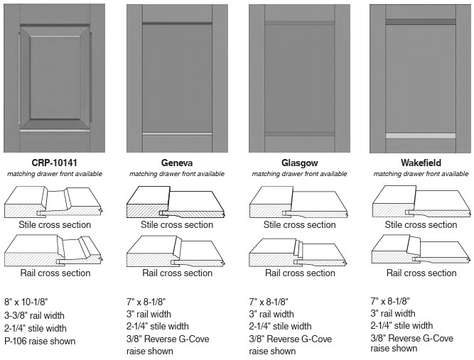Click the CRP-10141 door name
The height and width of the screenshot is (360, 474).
[x=55, y=163]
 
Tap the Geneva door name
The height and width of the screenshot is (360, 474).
[x=177, y=163]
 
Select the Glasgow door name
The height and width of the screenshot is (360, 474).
[x=300, y=163]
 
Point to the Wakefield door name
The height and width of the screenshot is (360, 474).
[x=421, y=163]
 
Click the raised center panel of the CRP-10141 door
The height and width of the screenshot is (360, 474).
[x=55, y=77]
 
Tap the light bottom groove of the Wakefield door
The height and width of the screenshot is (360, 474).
[x=421, y=136]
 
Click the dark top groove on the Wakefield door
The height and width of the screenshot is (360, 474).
[x=421, y=22]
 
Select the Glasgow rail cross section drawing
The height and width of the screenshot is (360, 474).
[x=298, y=252]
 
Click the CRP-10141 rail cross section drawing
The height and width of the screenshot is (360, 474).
[x=54, y=251]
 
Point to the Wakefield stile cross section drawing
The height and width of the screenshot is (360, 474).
[x=421, y=202]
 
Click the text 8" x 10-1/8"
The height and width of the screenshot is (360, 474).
[x=26, y=302]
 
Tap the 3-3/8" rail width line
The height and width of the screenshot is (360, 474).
[x=34, y=315]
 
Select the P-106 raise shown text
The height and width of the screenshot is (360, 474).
[x=40, y=341]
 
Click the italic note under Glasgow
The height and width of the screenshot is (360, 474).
[x=299, y=174]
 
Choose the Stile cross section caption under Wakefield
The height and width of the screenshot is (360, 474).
[x=421, y=224]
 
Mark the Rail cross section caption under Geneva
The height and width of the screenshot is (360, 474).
[x=177, y=273]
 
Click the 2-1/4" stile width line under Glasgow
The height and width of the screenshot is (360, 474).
[x=280, y=326]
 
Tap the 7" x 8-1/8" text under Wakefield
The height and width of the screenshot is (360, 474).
[x=390, y=301]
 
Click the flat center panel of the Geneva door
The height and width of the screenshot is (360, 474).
[x=177, y=78]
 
